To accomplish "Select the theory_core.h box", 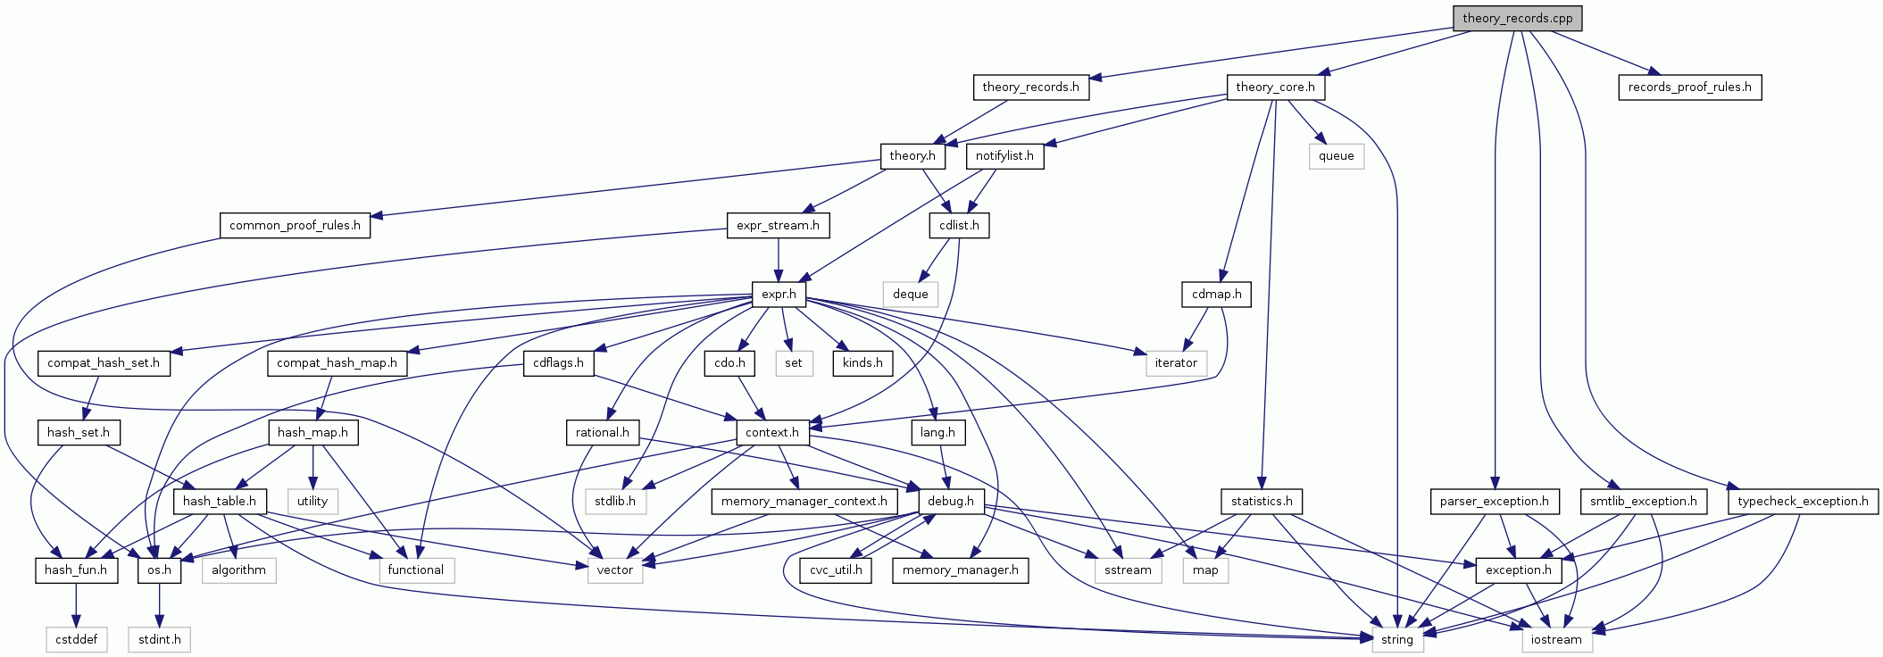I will coord(1275,87).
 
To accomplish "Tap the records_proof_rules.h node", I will coord(1689,87).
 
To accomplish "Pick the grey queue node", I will coord(1336,155).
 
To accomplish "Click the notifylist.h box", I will coord(1004,155).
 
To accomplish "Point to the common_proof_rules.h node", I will coord(295,225).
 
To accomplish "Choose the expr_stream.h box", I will coord(778,225).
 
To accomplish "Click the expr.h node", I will coord(779,294).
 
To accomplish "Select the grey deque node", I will coord(910,294).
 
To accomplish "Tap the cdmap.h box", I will coord(1216,294).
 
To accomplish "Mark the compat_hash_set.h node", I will coord(104,362).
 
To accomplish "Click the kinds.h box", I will coord(862,362).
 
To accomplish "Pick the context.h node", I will coord(772,432).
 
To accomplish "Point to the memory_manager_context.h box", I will coord(804,501).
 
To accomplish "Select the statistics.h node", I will coord(1262,501).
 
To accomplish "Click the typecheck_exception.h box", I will coord(1803,501).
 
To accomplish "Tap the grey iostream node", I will coord(1556,639).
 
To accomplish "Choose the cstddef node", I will coord(77,639).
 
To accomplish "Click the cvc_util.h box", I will coord(836,570).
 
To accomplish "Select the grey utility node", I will coord(312,501).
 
